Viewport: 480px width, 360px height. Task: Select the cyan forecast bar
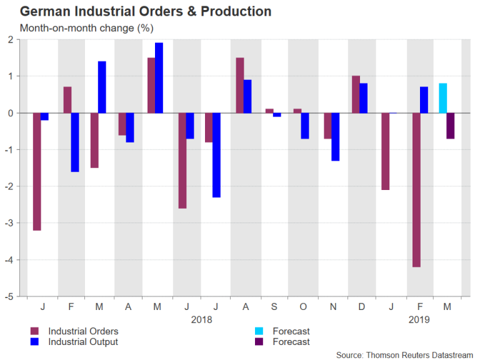[x=442, y=98]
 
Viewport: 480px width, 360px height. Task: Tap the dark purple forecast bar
[x=450, y=126]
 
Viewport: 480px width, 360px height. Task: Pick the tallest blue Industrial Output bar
[x=159, y=78]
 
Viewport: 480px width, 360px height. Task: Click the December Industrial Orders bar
[x=356, y=94]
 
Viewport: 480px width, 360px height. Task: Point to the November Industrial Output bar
[x=336, y=137]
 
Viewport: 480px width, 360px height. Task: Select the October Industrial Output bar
[x=305, y=126]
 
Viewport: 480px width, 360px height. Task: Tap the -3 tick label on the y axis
[x=12, y=223]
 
